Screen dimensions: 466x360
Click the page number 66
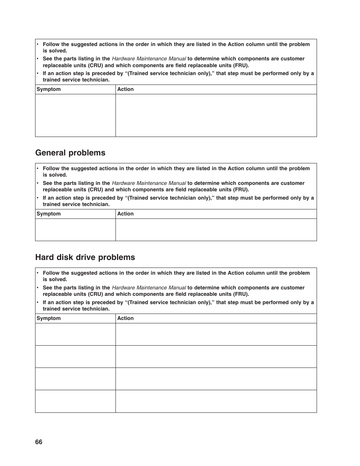(39, 442)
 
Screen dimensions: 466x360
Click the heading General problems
(70, 153)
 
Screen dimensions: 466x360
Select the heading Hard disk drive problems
(85, 257)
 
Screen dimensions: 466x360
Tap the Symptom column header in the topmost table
(49, 89)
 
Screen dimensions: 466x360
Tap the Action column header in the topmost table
(125, 89)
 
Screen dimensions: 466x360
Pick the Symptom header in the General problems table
(49, 214)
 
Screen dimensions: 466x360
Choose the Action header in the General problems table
(125, 214)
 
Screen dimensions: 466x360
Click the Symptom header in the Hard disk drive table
(49, 318)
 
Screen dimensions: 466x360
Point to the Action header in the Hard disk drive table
(125, 318)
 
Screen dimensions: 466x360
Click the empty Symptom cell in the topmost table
(75, 115)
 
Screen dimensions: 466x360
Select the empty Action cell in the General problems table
(216, 230)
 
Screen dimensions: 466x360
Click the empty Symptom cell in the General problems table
(75, 230)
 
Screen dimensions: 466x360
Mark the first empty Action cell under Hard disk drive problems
(216, 334)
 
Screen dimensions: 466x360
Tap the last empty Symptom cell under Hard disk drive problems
(75, 401)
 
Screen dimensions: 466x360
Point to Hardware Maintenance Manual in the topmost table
(149, 59)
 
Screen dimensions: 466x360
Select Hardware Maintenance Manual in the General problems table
(149, 183)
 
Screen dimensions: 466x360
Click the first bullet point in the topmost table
(38, 45)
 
